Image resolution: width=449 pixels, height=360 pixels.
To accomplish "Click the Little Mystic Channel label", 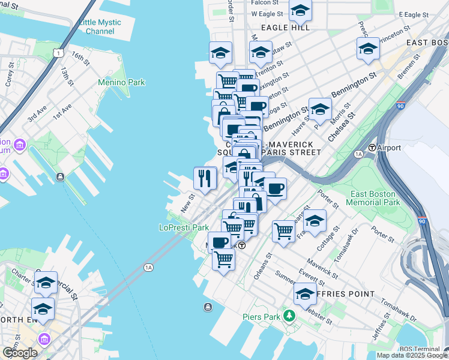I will click(x=100, y=26).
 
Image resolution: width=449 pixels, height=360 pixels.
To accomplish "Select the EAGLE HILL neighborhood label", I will click(x=285, y=28).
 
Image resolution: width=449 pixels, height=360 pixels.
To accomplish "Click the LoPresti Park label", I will click(x=184, y=227).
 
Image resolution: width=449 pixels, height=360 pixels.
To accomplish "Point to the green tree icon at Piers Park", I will click(x=289, y=315).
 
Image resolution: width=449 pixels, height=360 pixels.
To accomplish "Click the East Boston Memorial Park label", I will click(x=373, y=199).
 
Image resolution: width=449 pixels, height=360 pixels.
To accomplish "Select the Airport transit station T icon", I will click(x=372, y=148).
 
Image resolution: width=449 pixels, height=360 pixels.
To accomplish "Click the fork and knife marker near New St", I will click(x=205, y=178).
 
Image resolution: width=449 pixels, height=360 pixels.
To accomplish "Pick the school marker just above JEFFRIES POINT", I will click(x=305, y=293).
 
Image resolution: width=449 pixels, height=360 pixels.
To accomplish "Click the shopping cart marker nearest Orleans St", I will click(x=283, y=230).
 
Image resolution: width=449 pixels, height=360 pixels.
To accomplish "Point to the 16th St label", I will click(x=79, y=58).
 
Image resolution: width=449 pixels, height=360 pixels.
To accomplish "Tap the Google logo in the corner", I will click(x=20, y=353).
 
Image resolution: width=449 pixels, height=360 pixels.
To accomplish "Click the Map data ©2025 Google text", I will click(x=412, y=355).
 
